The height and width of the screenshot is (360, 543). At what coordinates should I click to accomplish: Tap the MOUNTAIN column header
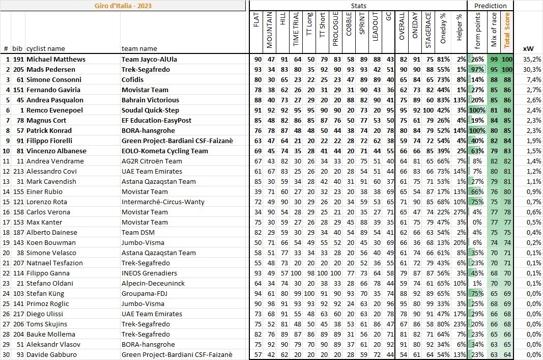(270, 30)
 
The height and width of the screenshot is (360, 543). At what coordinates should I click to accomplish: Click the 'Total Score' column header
(507, 30)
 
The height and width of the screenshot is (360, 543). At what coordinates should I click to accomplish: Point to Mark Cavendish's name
(51, 181)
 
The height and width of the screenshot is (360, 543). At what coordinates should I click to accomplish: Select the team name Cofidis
(133, 79)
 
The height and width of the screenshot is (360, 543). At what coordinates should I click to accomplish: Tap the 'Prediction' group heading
(490, 6)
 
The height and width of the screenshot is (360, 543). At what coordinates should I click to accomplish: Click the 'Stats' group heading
(358, 6)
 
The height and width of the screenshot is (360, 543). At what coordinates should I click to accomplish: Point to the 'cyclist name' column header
(46, 48)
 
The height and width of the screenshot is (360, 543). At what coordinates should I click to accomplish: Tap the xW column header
(528, 48)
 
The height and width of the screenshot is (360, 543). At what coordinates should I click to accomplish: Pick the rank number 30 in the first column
(6, 354)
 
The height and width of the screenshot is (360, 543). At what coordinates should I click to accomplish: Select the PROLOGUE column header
(335, 30)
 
